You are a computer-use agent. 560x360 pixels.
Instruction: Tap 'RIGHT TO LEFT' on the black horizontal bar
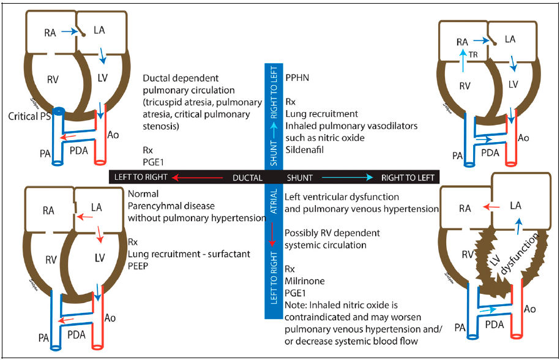click(x=408, y=178)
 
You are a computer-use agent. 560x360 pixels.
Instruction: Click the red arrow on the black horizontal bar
click(x=196, y=178)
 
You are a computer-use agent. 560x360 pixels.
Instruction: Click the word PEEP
click(x=139, y=266)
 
